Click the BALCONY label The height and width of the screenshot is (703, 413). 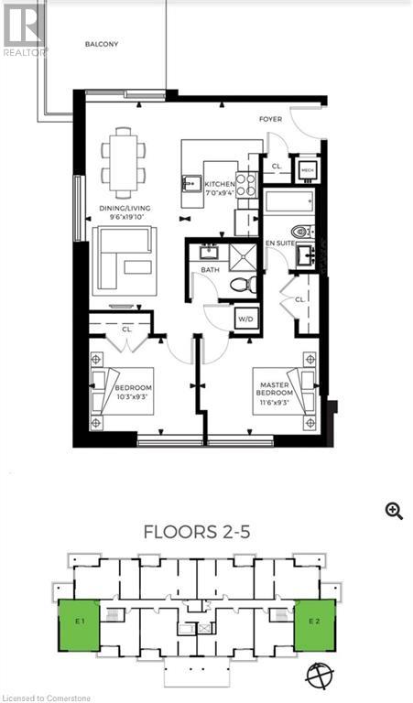pos(102,44)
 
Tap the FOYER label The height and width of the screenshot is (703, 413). pos(270,119)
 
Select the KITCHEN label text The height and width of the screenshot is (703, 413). pos(219,184)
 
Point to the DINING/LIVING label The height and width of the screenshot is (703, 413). pos(125,208)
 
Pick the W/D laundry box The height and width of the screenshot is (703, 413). pos(245,319)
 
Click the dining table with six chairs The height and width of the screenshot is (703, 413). pos(124,162)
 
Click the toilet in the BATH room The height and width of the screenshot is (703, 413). pos(240,285)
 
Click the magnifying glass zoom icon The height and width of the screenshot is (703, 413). pos(394,511)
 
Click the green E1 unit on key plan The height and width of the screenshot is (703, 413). pos(80,625)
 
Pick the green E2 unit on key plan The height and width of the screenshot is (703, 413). pos(314,625)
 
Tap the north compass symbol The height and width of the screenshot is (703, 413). pos(320,675)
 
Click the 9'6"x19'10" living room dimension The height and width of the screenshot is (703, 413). pos(125,218)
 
